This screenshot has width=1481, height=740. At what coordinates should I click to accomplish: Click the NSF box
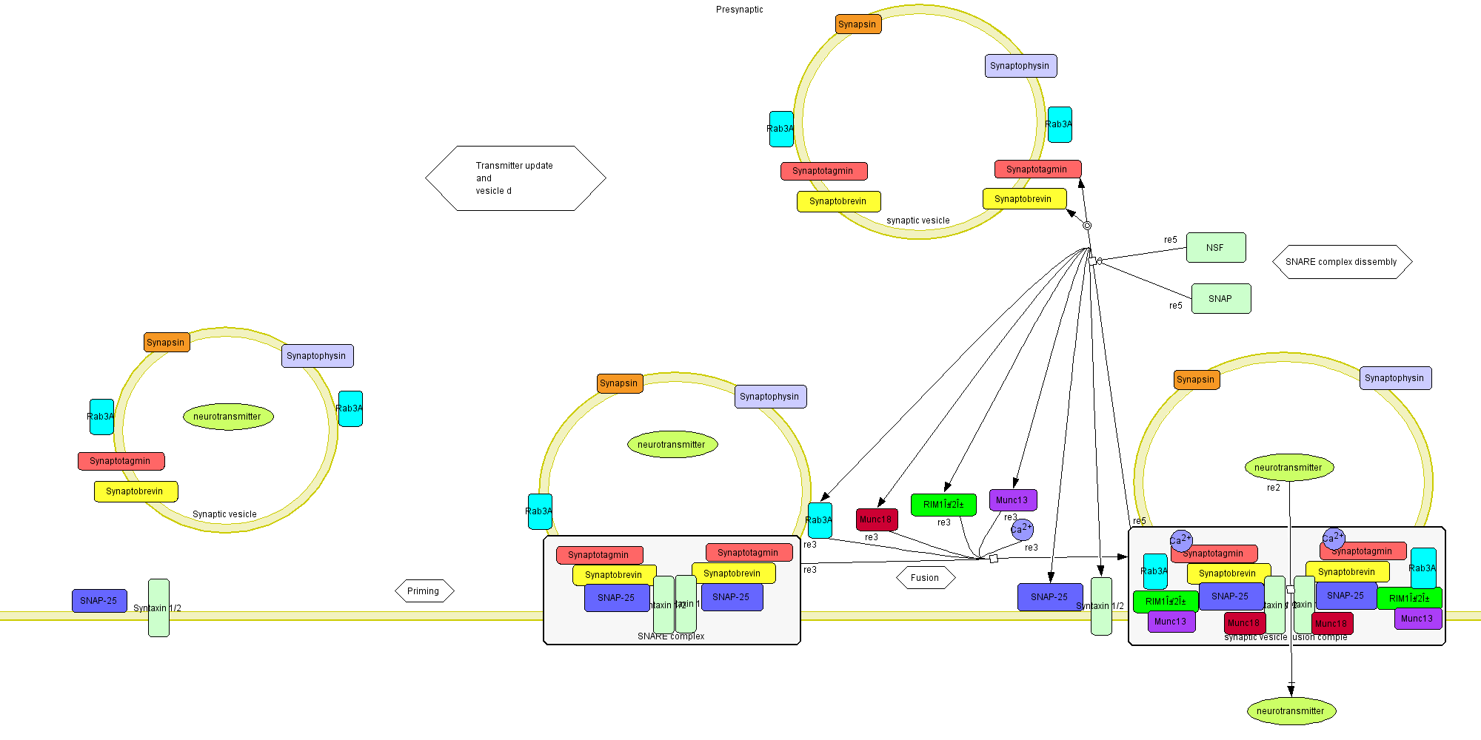[x=1216, y=248]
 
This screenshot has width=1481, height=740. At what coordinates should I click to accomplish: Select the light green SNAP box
[x=1221, y=299]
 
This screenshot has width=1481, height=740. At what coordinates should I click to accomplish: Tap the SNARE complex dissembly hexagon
[x=1342, y=262]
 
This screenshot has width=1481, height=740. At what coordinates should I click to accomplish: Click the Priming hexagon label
[x=424, y=591]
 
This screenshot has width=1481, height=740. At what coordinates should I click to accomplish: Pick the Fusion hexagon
[x=925, y=578]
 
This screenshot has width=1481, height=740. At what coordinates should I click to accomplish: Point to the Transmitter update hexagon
[x=515, y=178]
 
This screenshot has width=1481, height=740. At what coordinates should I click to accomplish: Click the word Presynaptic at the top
[x=739, y=10]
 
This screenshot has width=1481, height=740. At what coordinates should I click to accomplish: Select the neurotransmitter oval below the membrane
[x=1291, y=711]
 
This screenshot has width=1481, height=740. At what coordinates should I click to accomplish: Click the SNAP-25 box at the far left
[x=99, y=601]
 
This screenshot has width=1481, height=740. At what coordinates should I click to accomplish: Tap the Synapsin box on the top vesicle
[x=858, y=24]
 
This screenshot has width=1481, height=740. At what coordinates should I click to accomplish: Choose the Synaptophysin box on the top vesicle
[x=1020, y=66]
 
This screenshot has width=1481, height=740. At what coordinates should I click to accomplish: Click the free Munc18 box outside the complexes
[x=877, y=519]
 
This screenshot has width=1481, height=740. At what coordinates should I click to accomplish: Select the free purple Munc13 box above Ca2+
[x=1012, y=500]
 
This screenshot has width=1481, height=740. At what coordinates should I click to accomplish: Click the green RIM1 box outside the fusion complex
[x=943, y=505]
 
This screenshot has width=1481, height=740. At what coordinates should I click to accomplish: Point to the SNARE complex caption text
[x=671, y=636]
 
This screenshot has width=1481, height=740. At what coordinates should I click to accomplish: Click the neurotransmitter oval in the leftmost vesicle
[x=228, y=417]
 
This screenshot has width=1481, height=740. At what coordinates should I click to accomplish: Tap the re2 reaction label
[x=1274, y=488]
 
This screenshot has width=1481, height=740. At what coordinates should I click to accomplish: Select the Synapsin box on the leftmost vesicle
[x=167, y=343]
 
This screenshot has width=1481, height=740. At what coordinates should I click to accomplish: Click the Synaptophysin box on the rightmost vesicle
[x=1395, y=378]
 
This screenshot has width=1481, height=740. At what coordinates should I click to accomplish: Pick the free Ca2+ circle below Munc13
[x=1022, y=529]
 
